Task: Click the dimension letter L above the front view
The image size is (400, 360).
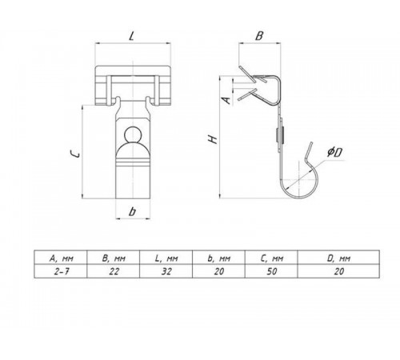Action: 131,36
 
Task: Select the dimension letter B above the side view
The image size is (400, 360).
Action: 259,36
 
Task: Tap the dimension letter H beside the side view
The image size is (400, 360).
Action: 214,139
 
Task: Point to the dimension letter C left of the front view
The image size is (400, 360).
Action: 74,153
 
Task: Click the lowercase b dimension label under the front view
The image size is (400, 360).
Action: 132,211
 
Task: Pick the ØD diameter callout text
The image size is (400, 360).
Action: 335,152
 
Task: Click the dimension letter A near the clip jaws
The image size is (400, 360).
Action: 226,100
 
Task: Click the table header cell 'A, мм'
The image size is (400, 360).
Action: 61,258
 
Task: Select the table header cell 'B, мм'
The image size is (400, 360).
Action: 114,258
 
